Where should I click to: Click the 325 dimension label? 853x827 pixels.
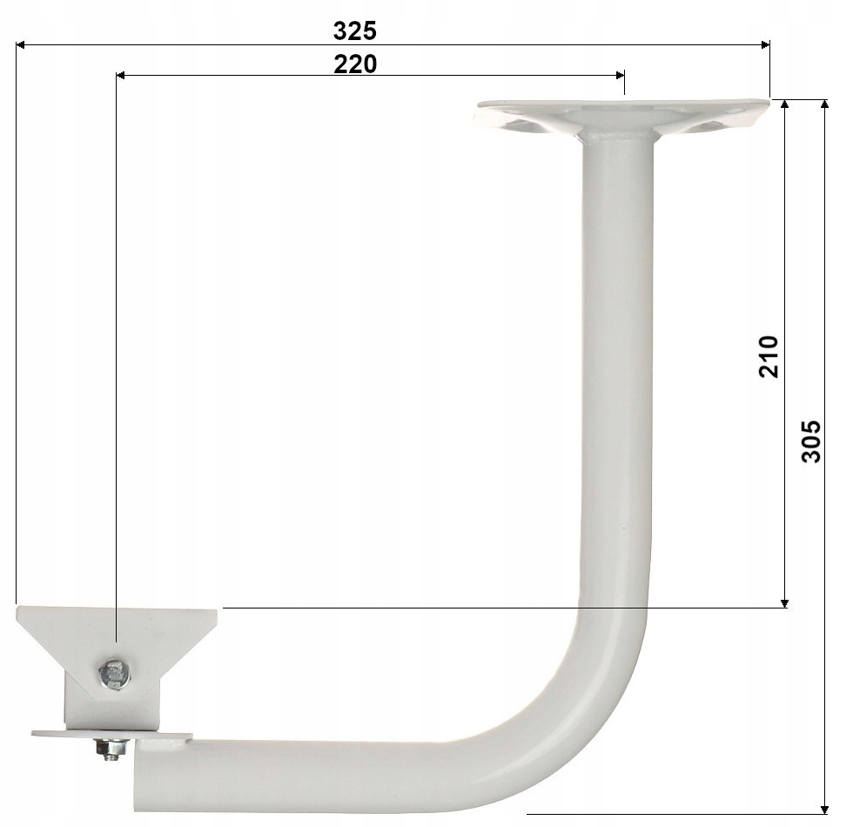point(355,31)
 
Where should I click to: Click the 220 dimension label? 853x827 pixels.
point(355,64)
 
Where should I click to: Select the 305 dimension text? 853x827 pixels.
point(810,441)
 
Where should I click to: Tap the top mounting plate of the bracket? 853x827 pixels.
point(623,117)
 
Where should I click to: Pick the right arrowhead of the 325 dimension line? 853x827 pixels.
point(765,44)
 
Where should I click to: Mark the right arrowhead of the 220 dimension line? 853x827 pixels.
point(620,76)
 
